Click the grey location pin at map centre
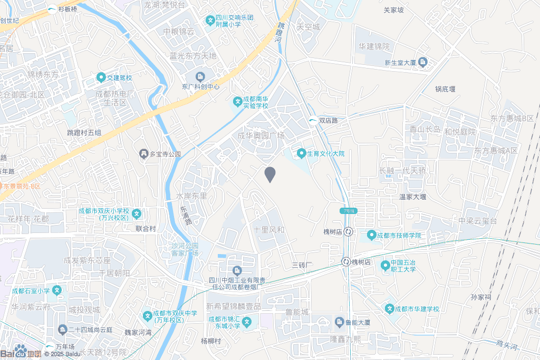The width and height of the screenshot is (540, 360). coord(270,174)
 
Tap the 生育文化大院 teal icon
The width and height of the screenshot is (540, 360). coord(301,153)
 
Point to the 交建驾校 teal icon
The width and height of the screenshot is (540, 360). coord(101,78)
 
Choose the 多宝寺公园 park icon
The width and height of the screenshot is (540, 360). coord(143,154)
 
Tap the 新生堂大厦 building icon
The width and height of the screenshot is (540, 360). coord(422,63)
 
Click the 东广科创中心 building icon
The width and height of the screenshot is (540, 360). coord(200,77)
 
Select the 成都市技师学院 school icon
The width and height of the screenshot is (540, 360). coord(371,235)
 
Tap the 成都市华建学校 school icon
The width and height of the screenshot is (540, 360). coord(390,308)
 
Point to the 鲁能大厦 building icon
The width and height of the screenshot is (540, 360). coord(340,321)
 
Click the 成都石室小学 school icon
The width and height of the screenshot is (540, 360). coord(57,290)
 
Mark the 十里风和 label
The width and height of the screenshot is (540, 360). coord(269,230)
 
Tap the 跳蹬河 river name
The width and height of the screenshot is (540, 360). coord(280,33)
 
